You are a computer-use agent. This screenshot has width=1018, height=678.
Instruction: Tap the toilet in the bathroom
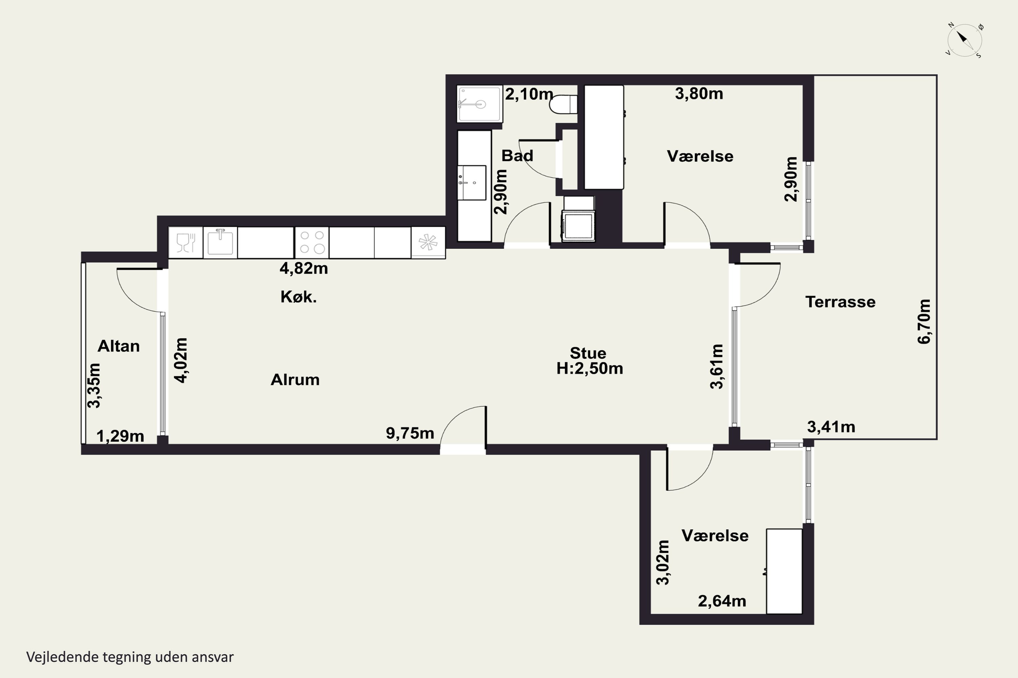(564, 104)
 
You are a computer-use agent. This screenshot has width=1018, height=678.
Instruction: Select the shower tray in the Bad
(479, 104)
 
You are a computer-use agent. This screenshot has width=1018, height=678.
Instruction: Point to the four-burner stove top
(312, 242)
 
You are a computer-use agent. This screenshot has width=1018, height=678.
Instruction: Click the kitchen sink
(220, 242)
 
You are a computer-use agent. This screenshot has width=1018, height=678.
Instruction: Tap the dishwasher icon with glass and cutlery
(186, 242)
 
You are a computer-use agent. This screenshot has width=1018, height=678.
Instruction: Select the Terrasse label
(840, 302)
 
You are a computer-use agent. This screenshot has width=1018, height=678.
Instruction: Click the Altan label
(118, 346)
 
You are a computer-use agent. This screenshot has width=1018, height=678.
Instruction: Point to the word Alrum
(295, 380)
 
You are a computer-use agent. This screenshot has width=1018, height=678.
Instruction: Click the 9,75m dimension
(410, 433)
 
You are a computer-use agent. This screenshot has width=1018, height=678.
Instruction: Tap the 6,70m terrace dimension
(924, 321)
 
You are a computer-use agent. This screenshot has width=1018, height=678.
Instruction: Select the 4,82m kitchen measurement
(304, 268)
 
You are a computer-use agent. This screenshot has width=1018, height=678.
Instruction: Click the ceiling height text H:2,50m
(589, 368)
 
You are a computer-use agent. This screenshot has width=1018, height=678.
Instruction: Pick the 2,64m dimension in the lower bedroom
(722, 601)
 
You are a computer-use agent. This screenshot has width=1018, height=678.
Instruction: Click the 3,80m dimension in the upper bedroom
(699, 94)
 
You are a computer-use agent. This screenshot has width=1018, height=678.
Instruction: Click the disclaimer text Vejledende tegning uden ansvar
(130, 657)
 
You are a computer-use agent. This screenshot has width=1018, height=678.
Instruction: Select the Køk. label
(299, 297)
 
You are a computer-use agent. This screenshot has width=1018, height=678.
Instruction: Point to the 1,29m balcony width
(120, 436)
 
